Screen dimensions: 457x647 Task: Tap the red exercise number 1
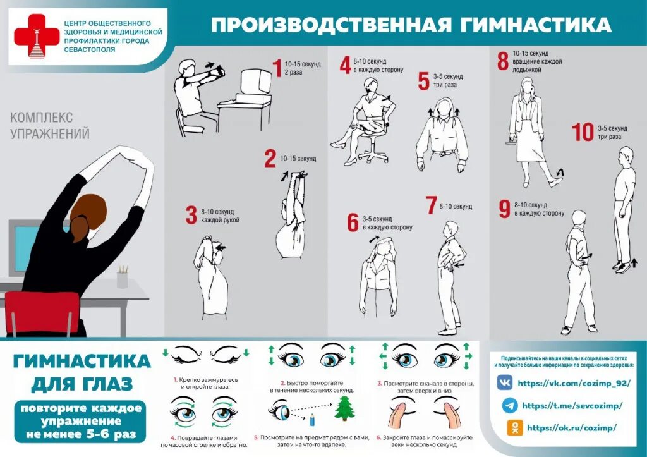coord(276,68)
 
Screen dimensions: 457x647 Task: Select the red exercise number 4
coord(345,65)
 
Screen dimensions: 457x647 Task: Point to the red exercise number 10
coord(583,133)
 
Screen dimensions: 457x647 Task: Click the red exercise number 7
coord(431,205)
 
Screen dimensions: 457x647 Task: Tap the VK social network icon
coord(505,383)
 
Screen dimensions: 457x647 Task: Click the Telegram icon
coord(507,405)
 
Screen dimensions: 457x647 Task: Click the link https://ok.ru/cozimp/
coord(571,428)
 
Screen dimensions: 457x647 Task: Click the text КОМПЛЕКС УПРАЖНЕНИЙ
coord(49,126)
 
